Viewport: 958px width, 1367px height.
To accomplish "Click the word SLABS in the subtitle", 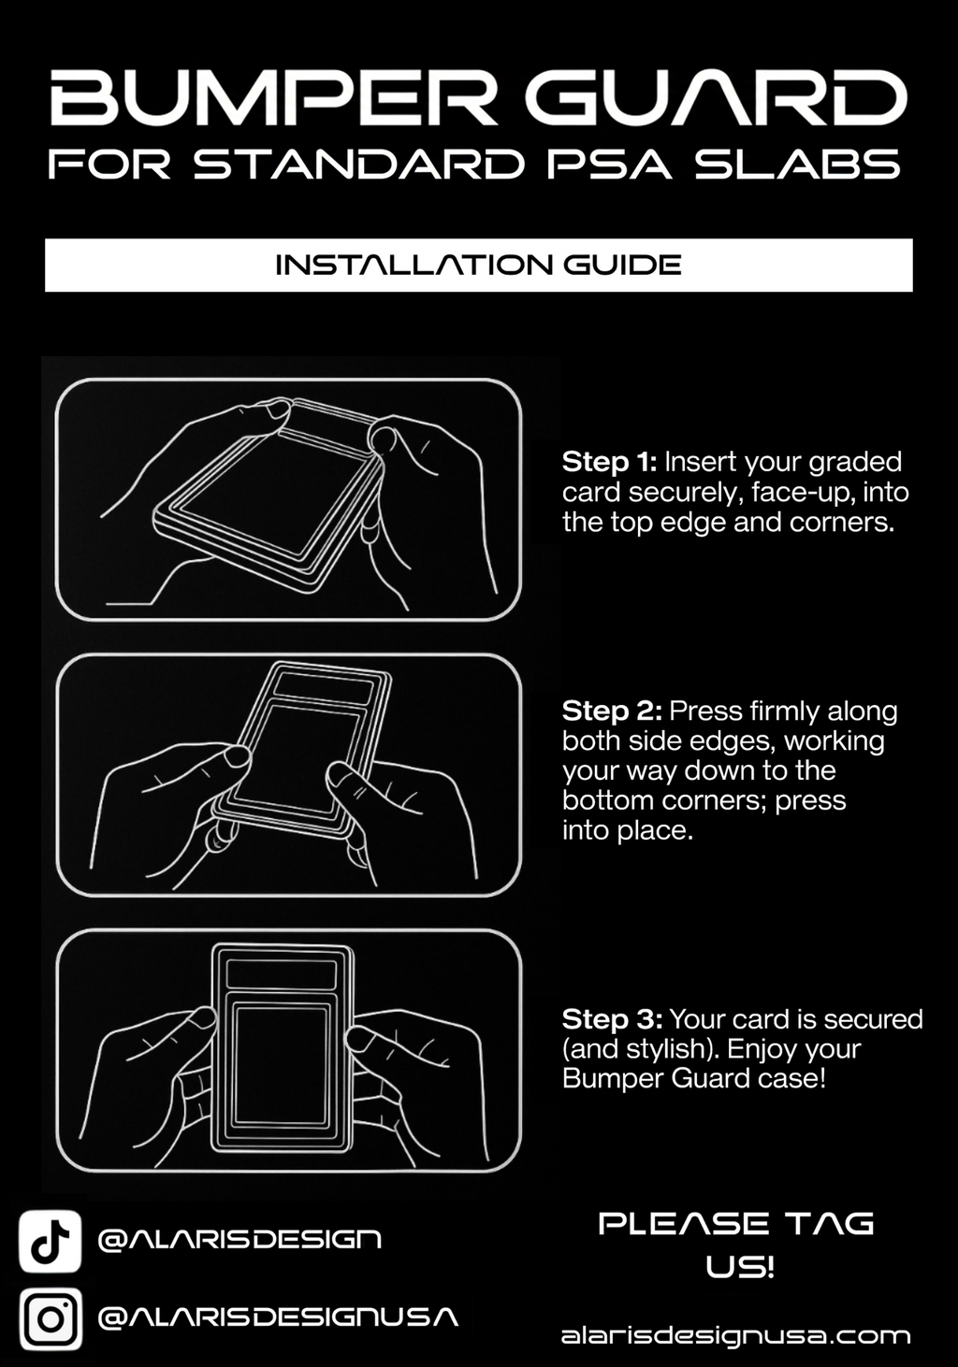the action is [x=798, y=164].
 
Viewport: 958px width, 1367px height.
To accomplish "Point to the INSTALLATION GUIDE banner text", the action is [x=478, y=265].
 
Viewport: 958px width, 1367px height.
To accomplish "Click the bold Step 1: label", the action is [x=609, y=462].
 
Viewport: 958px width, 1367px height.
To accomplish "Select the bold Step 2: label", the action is [x=612, y=711].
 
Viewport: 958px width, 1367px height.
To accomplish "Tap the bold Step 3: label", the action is [x=612, y=1020].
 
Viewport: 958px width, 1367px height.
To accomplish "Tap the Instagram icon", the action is [x=50, y=1318].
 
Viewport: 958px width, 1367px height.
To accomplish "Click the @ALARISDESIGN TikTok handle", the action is [x=239, y=1240].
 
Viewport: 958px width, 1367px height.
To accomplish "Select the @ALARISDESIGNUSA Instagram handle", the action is [x=278, y=1317].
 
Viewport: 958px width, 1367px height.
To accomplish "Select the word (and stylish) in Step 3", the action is [x=640, y=1050].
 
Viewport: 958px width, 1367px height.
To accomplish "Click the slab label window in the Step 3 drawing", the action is [x=282, y=974].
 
